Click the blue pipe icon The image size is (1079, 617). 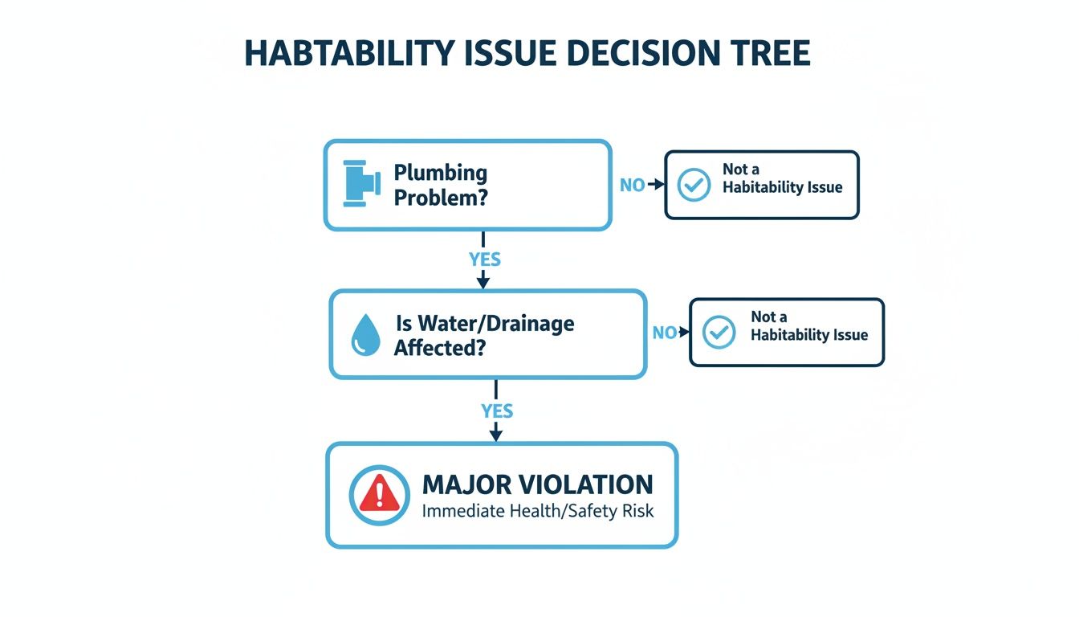(361, 184)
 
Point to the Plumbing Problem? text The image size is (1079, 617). (441, 185)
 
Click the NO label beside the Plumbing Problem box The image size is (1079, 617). (632, 185)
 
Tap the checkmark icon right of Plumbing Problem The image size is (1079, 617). (694, 185)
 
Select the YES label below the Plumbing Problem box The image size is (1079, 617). (484, 259)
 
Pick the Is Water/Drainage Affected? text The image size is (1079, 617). (484, 335)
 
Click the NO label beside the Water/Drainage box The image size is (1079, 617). (663, 333)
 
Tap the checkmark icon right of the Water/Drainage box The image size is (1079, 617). (719, 333)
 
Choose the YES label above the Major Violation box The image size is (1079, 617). (496, 411)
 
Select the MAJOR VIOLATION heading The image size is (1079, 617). (537, 484)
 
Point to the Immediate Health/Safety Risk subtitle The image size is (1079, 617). (537, 511)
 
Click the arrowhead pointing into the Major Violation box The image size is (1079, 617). (496, 435)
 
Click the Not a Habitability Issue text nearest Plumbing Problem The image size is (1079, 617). (782, 178)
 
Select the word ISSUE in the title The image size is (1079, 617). (507, 52)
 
